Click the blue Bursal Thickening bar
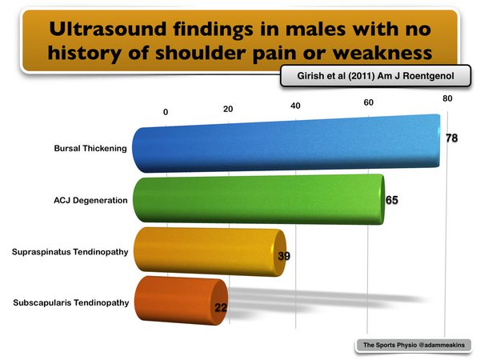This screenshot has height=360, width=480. click(x=286, y=143)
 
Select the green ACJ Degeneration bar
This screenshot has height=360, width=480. click(x=258, y=199)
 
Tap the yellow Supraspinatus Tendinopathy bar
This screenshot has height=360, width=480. click(x=210, y=252)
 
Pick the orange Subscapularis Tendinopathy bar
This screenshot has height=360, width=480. click(x=182, y=301)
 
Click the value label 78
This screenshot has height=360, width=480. click(x=451, y=138)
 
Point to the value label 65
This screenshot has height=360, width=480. click(x=392, y=200)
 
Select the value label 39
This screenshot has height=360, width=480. click(x=284, y=256)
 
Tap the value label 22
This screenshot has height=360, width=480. click(x=221, y=307)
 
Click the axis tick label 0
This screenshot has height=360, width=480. click(x=166, y=112)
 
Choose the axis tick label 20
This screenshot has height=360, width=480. click(x=228, y=109)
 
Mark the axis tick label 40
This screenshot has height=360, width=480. click(x=295, y=106)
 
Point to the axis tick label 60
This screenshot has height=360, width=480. click(x=369, y=102)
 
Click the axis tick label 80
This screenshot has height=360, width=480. click(x=447, y=98)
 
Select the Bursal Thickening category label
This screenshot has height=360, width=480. click(x=90, y=149)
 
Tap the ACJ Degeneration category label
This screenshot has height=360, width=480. click(x=90, y=201)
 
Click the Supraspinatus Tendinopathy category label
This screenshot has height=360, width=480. click(x=70, y=252)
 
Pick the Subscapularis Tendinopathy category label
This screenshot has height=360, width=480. click(x=71, y=302)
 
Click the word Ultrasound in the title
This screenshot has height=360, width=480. click(x=108, y=29)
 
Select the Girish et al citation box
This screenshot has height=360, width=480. click(x=376, y=76)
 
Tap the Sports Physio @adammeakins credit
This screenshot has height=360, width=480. click(x=414, y=345)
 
